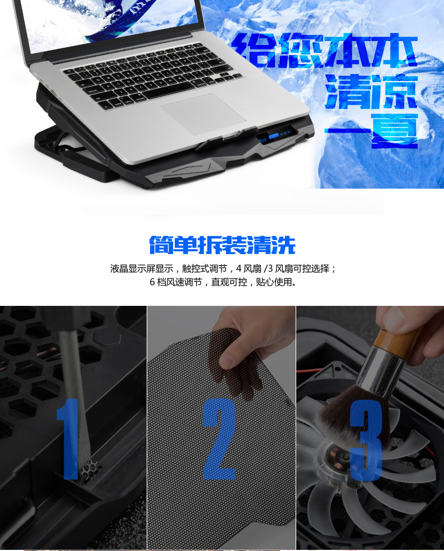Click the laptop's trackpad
(203, 113)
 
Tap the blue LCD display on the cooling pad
(274, 136)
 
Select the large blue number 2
(220, 439)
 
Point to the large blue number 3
(366, 440)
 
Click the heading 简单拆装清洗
(222, 245)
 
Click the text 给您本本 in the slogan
(325, 50)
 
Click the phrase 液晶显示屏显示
(142, 269)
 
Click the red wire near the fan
(309, 370)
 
